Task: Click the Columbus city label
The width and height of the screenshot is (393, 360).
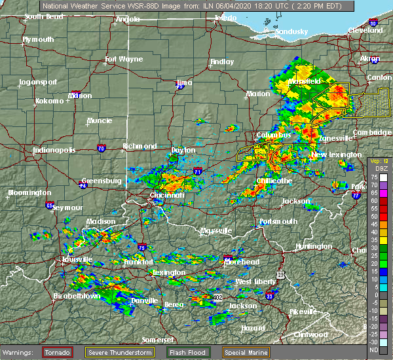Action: tap(274, 135)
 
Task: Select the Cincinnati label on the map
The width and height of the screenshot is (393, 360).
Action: tap(166, 195)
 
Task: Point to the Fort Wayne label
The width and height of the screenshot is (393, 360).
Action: tap(123, 60)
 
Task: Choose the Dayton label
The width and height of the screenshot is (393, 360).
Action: tap(183, 150)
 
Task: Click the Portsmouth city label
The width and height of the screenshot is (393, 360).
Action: tap(278, 221)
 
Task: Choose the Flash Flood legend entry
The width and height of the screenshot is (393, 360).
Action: tap(189, 352)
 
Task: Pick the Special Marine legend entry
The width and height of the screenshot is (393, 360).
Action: tap(246, 352)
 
